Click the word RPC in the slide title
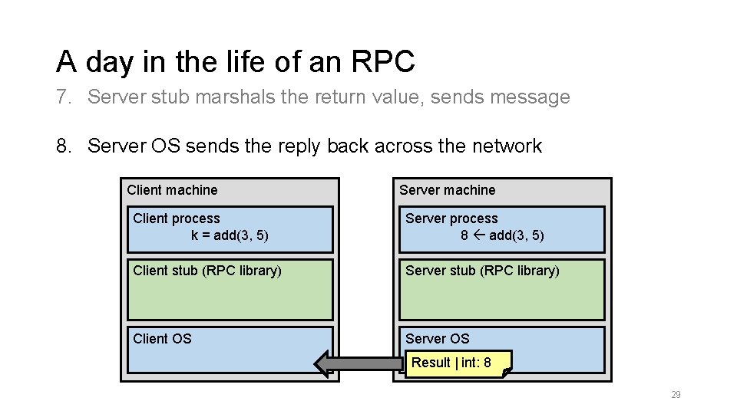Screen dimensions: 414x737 [385, 61]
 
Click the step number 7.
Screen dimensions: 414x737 [63, 97]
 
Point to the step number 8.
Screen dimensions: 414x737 [63, 146]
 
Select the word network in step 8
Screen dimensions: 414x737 [503, 146]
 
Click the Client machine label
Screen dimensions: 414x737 [172, 190]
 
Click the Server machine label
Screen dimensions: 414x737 [447, 190]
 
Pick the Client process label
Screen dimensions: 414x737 [176, 219]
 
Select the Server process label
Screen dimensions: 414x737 [451, 219]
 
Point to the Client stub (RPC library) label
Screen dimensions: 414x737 [207, 271]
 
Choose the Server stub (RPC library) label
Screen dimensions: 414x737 [482, 271]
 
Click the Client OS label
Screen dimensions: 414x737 [162, 338]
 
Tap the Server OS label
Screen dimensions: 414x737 [437, 338]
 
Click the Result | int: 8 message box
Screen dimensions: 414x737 [457, 363]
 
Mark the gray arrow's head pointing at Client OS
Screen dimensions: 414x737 [323, 363]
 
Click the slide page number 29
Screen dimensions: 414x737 [676, 395]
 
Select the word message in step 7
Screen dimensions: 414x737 [530, 97]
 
